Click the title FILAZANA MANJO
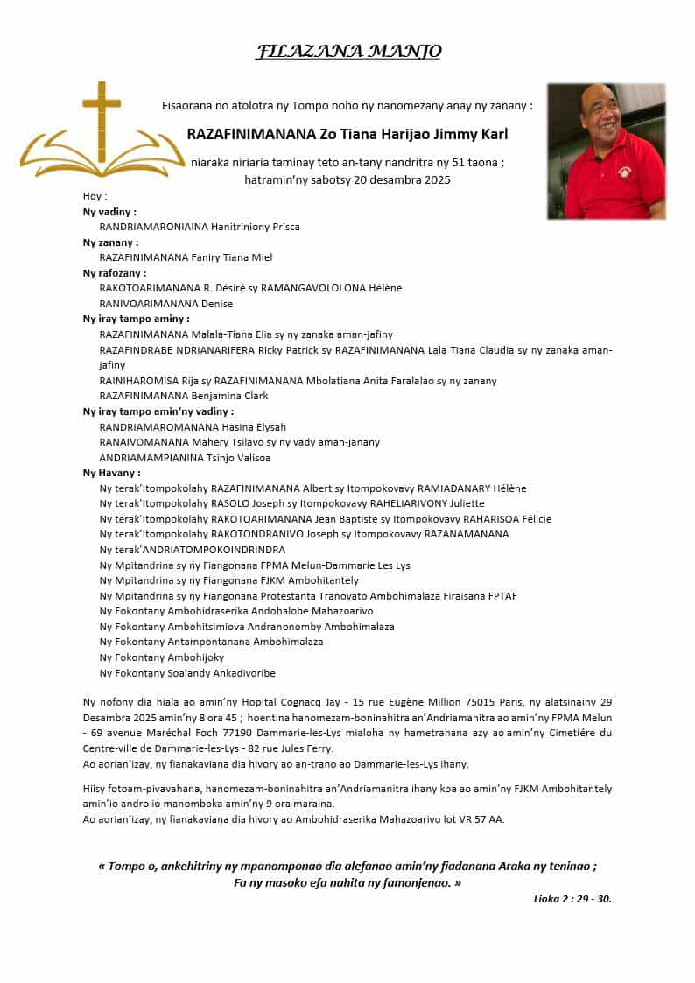point(347,52)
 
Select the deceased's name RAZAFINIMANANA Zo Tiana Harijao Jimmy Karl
point(347,135)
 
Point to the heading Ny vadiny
point(109,212)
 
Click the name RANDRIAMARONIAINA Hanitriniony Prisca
point(200,227)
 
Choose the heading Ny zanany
point(110,242)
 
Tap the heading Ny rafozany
point(115,273)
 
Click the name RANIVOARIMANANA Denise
point(166,304)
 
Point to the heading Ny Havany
point(112,473)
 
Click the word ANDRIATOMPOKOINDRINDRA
point(214,550)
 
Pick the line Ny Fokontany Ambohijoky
point(162,657)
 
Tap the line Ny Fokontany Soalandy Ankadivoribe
point(187,673)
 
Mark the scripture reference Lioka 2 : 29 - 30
point(572,898)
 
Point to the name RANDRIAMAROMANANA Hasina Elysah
point(193,427)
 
